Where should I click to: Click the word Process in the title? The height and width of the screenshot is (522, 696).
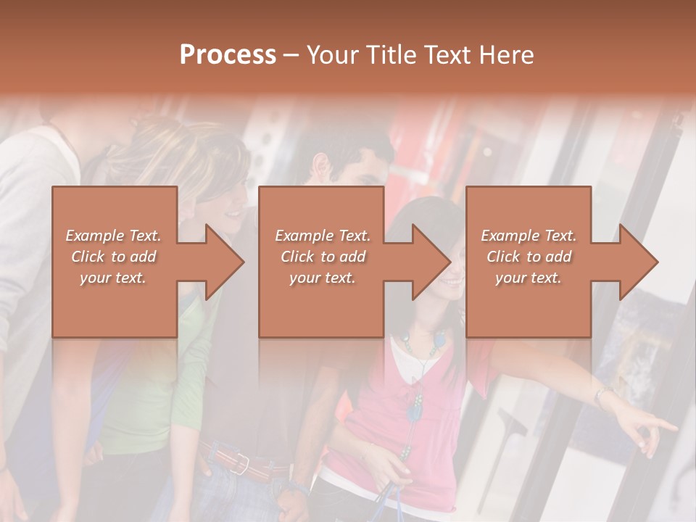[x=228, y=55]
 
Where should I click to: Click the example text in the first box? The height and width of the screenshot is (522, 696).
[x=114, y=257]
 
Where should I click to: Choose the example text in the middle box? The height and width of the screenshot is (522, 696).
[x=323, y=257]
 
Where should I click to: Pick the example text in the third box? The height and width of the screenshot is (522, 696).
[x=529, y=257]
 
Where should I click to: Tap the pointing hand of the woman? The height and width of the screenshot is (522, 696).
[x=656, y=428]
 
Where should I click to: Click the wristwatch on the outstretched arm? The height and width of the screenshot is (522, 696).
[x=602, y=396]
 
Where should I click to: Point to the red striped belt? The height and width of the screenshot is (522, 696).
[x=239, y=460]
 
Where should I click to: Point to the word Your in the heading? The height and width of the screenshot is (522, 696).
[x=332, y=55]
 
